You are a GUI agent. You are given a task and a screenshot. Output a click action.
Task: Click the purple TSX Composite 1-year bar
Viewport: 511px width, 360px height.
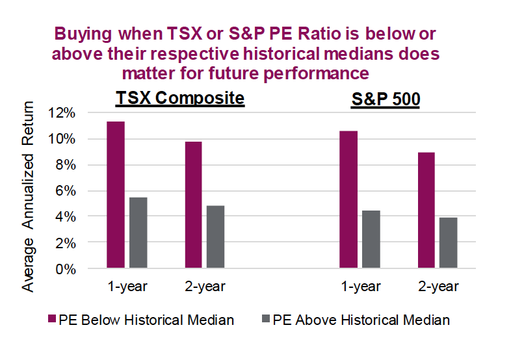coord(116,194)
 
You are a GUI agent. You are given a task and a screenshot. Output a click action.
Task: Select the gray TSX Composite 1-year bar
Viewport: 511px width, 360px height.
coord(138,232)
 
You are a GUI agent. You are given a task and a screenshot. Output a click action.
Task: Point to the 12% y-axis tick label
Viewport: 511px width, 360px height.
coord(62,113)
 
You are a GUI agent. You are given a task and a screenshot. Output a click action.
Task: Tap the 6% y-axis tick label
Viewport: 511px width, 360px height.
coord(65,191)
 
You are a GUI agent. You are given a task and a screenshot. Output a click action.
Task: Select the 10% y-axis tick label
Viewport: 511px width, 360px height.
coord(62,139)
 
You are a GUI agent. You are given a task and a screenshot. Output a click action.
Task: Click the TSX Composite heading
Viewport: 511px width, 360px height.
coord(180,98)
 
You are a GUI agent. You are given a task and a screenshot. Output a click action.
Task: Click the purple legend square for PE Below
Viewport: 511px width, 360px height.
coord(52,319)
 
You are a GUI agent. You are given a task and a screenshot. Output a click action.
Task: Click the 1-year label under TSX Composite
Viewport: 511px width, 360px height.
coord(127,287)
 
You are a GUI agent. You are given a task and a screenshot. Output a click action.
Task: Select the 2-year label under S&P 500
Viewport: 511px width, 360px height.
coord(438,287)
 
